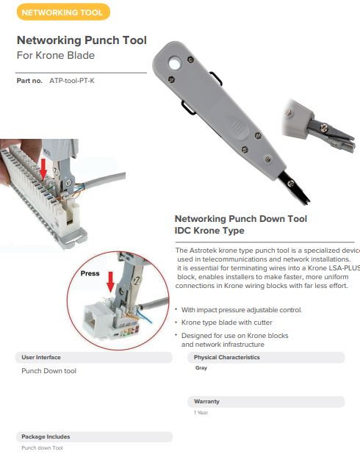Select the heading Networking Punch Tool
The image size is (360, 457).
coord(82,40)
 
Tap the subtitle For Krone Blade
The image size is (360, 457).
coord(55,56)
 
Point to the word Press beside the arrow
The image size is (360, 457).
coord(90,273)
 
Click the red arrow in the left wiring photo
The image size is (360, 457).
coord(44,168)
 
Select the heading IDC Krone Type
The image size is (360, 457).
coord(209,231)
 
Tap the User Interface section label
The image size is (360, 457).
coord(41,357)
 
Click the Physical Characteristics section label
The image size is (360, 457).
coord(227,357)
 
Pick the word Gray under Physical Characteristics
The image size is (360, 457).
coord(201,368)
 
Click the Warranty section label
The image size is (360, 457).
coord(206,402)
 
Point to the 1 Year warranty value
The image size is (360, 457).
coord(201,413)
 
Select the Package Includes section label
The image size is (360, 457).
coord(46,436)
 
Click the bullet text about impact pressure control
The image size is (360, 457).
coord(241,309)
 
